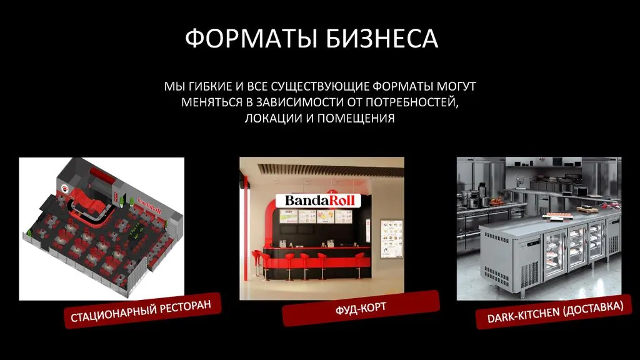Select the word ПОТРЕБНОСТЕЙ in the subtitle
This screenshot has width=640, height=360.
click(412, 102)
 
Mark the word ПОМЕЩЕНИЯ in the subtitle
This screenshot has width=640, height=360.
click(356, 118)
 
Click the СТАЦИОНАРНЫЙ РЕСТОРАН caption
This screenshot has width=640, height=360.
click(141, 311)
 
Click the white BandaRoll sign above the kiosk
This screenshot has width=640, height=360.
click(318, 201)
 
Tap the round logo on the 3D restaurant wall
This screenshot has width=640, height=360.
click(65, 188)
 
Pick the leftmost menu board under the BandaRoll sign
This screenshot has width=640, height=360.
click(287, 216)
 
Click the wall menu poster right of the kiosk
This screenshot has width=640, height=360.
click(391, 239)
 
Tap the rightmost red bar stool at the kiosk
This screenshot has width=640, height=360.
click(359, 265)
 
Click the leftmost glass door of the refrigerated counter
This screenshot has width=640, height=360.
click(556, 255)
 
